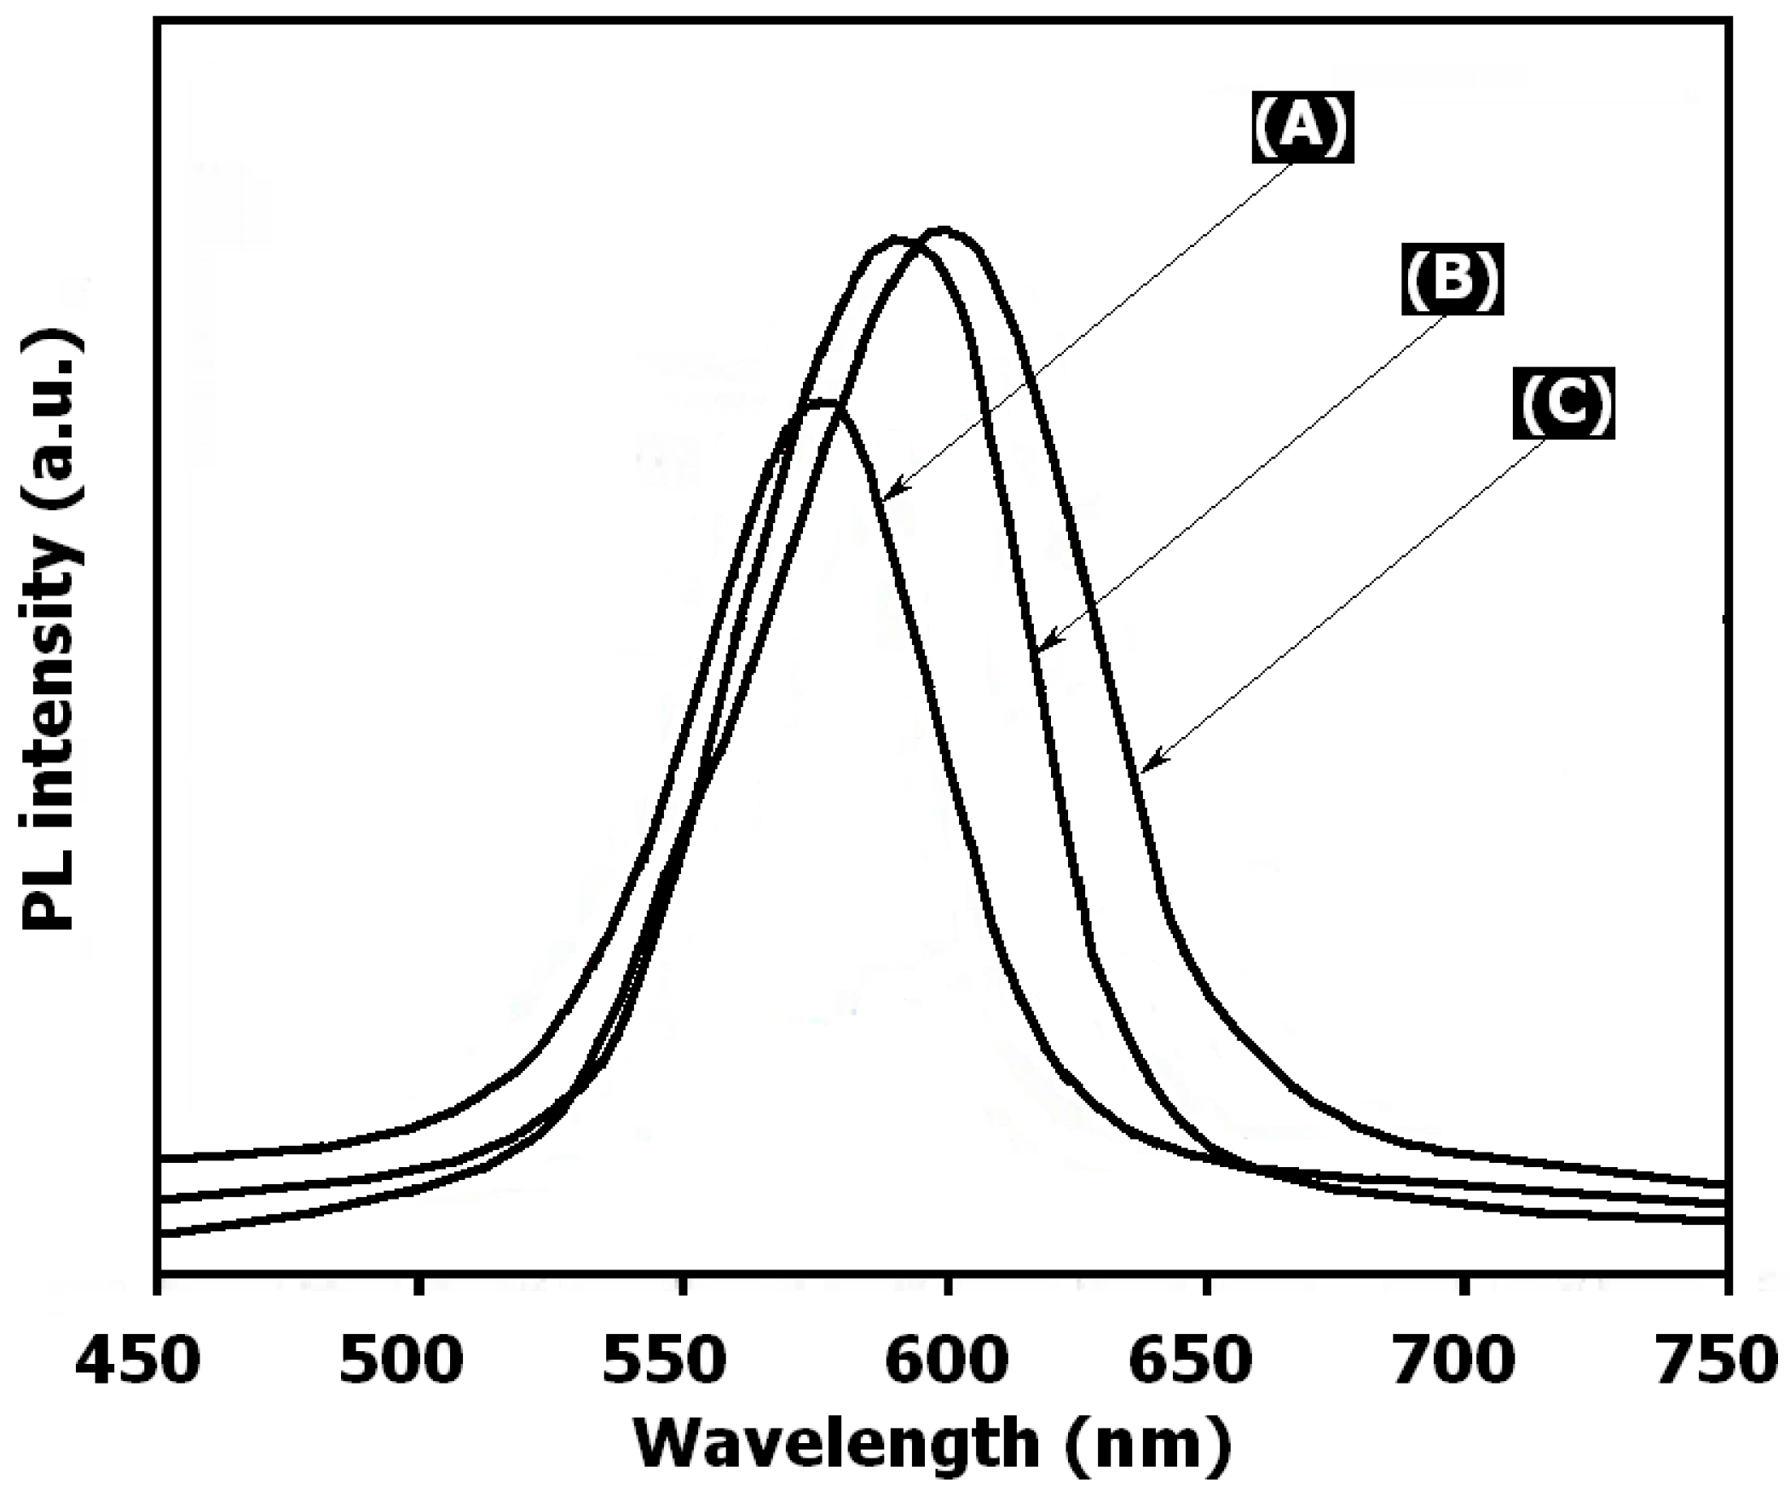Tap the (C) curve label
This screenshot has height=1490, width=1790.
click(1563, 405)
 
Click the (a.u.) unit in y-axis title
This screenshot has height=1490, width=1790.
click(53, 409)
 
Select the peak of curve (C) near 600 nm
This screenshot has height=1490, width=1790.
click(943, 231)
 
